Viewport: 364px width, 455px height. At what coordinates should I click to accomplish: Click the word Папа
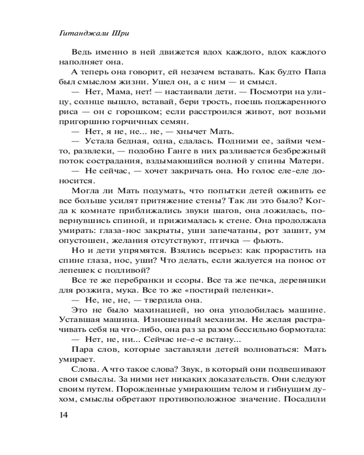point(315,73)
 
